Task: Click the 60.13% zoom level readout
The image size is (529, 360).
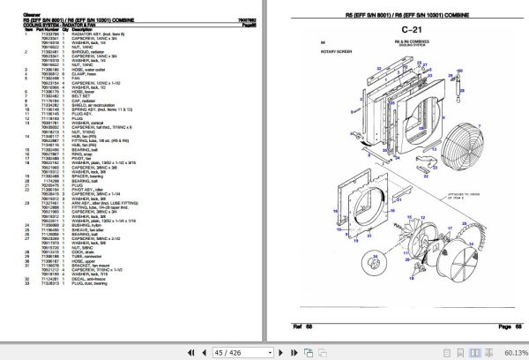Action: tap(512, 352)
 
